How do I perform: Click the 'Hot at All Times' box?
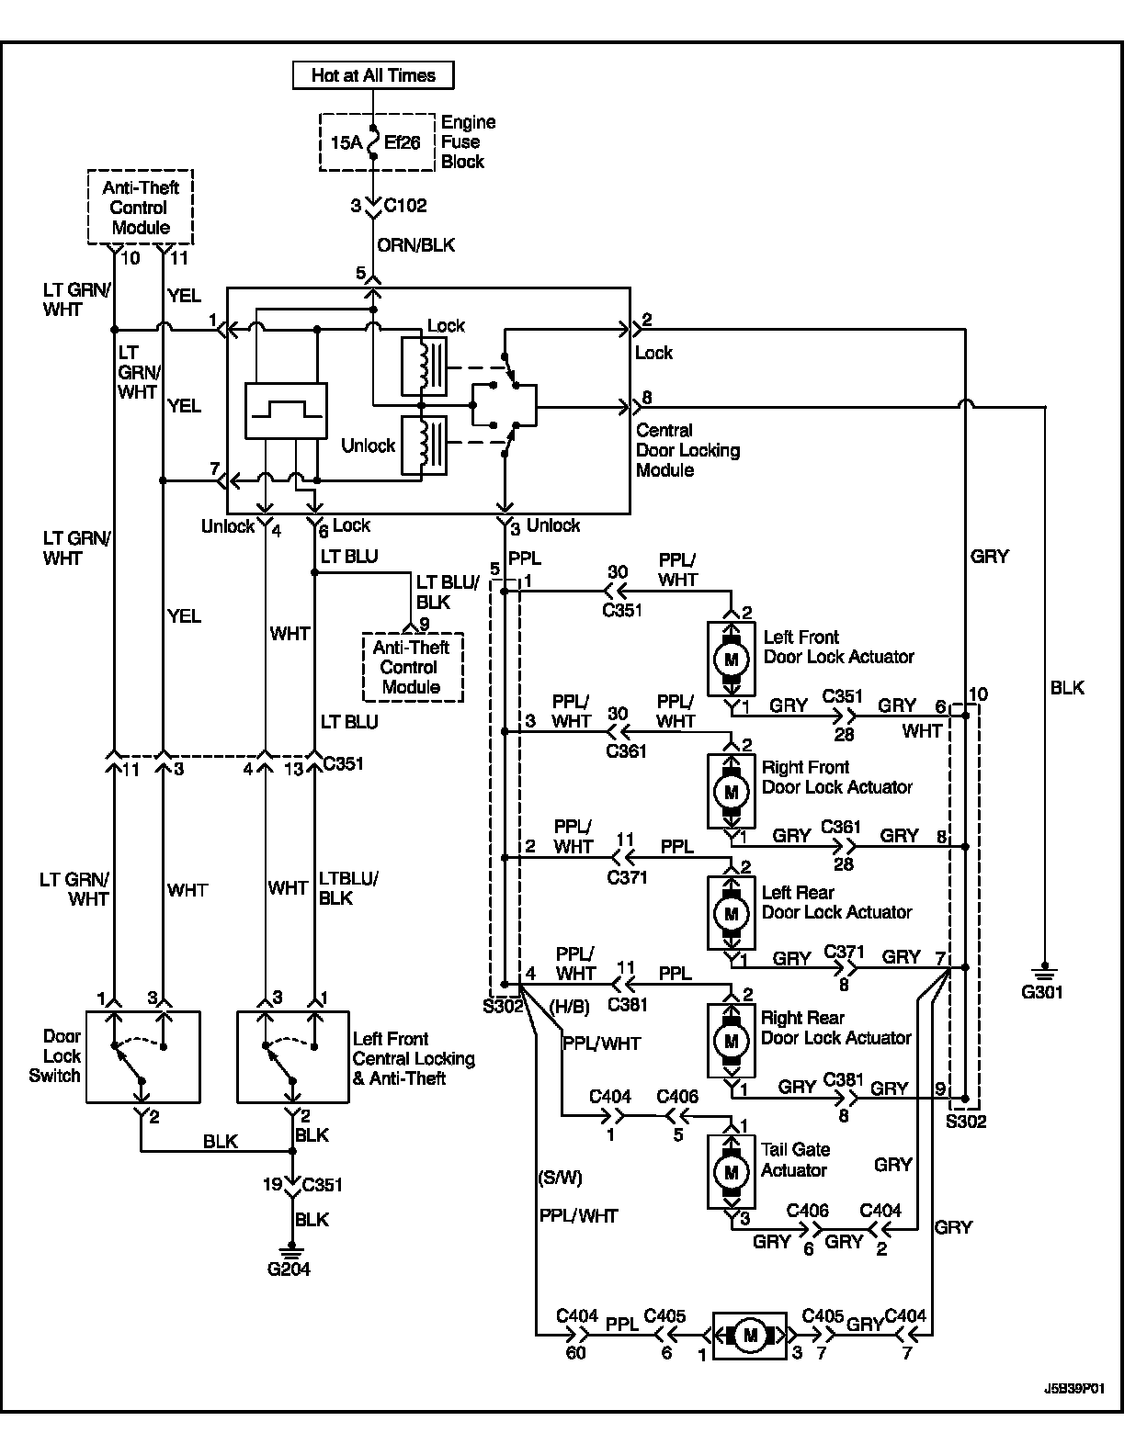(372, 74)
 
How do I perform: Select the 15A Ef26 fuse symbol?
(373, 142)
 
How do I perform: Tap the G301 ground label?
(1041, 992)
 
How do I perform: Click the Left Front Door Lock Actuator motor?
(732, 659)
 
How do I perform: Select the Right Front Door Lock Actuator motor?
(732, 790)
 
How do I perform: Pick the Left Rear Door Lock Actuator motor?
(732, 913)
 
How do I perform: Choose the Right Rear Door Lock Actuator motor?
(732, 1041)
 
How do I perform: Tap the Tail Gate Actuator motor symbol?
(732, 1172)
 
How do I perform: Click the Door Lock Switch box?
(142, 1056)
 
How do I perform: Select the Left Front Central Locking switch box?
(292, 1056)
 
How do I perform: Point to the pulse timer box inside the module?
(286, 410)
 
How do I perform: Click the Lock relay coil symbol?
(424, 365)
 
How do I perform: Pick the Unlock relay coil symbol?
(424, 445)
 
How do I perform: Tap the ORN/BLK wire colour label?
(416, 245)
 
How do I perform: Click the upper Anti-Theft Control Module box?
(141, 207)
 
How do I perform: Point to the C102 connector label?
(404, 206)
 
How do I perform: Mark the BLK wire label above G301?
(1067, 687)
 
